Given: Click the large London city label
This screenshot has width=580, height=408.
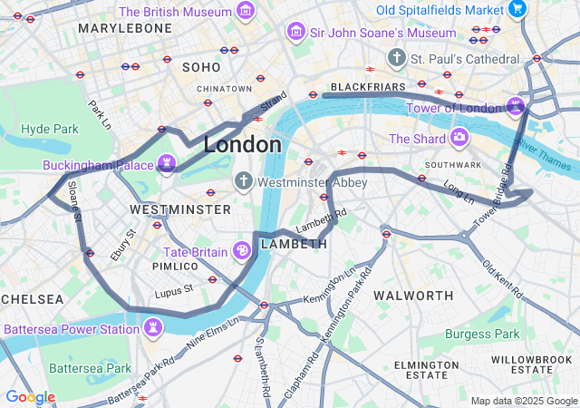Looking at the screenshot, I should coord(242,144).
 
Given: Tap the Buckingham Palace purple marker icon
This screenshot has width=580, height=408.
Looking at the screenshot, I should coord(166,164).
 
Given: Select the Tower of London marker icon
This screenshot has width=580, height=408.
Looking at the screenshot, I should coord(516,106).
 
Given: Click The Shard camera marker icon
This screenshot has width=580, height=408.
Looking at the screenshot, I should coord(459,138).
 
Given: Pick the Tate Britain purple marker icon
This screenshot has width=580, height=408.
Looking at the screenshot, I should coord(243,250).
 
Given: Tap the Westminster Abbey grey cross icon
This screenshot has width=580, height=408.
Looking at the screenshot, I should coord(243,181).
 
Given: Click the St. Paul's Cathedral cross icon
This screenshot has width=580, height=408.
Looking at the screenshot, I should coord(396,58).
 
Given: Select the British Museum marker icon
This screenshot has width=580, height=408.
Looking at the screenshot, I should coord(245,11).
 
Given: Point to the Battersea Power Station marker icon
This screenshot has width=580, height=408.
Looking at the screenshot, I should coord(154,328).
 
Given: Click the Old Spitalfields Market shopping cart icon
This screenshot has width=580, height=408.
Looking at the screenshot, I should coord(517,9).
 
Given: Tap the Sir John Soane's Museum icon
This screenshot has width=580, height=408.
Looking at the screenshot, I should coord(295,33).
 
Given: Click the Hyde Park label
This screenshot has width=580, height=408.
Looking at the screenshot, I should coord(50,129).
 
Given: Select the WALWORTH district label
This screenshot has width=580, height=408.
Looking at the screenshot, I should coord(413,296).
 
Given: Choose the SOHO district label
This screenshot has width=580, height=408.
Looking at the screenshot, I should coord(201,67).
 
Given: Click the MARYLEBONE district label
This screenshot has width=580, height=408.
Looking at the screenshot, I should coord(125,29).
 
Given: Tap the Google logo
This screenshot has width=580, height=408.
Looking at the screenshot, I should coord(30,397).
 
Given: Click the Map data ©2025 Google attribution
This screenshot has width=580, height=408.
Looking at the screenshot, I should coord(523,401).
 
